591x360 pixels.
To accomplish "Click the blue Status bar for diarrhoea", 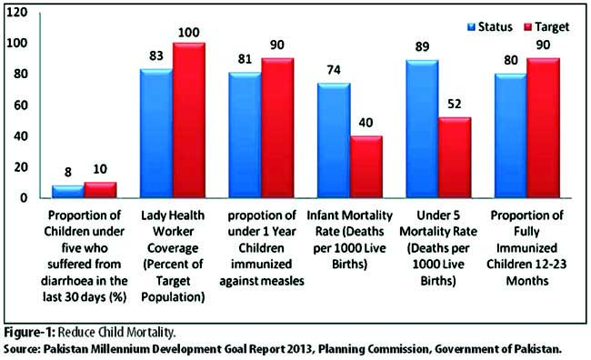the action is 68,192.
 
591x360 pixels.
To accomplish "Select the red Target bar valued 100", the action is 189,120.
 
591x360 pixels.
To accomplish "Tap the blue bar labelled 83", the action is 156,134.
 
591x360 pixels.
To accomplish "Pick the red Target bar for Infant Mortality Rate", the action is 366,166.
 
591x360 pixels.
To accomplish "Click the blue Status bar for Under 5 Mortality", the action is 422,128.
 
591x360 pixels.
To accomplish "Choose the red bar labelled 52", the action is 455,157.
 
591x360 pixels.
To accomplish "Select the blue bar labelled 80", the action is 511,135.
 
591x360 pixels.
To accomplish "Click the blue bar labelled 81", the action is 245,135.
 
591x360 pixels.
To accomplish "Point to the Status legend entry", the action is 490,27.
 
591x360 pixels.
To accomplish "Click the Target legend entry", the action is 546,27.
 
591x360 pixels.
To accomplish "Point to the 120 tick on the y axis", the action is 17,13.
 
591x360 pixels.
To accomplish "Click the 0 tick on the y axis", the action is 25,198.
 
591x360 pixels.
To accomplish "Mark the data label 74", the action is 334,70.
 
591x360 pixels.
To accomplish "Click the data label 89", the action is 422,46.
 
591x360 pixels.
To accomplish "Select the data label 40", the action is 366,123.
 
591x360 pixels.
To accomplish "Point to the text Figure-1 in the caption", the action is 30,333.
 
